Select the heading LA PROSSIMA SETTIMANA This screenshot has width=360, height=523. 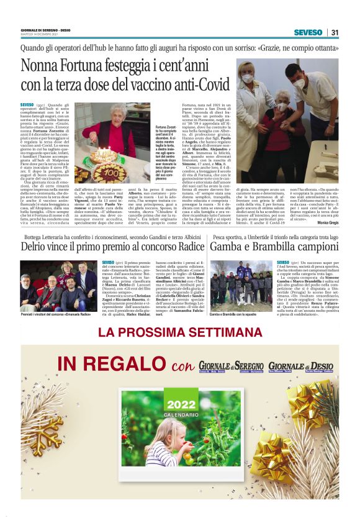(180, 332)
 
